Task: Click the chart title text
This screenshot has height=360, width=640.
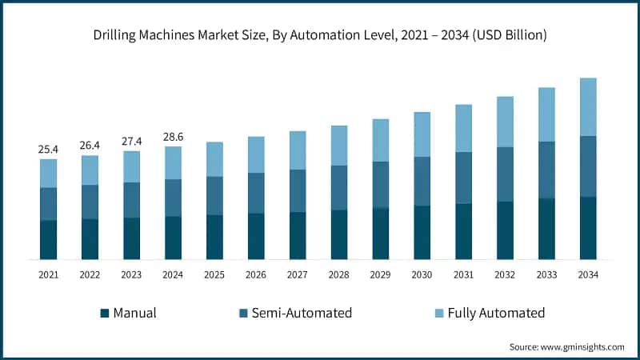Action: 320,34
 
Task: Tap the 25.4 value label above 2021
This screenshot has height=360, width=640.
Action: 49,149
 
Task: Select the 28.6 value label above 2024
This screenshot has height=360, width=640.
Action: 173,137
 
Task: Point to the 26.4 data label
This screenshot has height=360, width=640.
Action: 90,146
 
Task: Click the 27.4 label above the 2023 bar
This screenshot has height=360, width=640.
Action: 131,141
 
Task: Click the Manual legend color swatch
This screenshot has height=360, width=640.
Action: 104,313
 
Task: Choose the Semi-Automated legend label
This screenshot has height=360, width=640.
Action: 302,313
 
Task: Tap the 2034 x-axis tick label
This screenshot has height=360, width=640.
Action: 587,274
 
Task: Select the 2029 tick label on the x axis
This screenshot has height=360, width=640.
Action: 380,274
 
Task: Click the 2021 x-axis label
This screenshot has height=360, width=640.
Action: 49,274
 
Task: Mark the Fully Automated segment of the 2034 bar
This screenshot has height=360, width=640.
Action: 587,106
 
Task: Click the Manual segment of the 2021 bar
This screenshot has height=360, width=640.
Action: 49,239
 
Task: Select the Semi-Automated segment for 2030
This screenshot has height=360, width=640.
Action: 422,181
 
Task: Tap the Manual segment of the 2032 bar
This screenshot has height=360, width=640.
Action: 505,230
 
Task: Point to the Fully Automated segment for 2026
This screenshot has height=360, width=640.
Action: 256,154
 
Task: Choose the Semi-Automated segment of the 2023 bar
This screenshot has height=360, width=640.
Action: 131,199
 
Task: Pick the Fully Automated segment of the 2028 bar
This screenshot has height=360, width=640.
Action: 338,145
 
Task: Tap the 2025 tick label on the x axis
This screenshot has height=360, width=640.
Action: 214,274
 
